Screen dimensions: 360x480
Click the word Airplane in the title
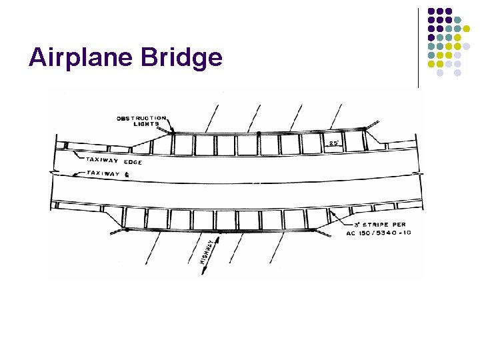(x=81, y=58)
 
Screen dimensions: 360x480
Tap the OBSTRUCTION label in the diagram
(x=141, y=118)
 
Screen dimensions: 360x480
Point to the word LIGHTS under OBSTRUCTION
(x=147, y=124)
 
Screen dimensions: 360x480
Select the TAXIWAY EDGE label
(x=113, y=161)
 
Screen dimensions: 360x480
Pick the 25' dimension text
(x=333, y=143)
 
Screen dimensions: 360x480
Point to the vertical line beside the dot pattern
(x=418, y=47)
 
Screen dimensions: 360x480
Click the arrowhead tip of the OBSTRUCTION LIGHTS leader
(x=171, y=133)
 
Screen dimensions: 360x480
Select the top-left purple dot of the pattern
(x=431, y=11)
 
